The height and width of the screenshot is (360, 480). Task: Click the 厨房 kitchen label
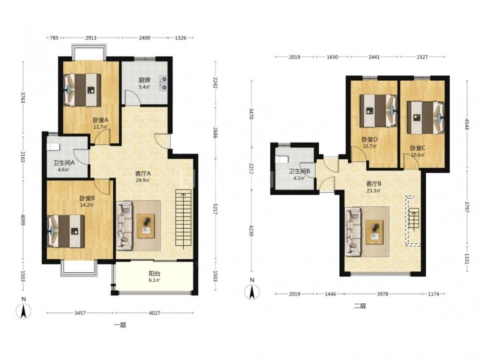click(144, 80)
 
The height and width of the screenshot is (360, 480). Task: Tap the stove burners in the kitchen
click(164, 83)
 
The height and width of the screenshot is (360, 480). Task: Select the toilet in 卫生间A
click(53, 146)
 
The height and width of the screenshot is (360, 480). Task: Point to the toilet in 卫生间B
click(281, 160)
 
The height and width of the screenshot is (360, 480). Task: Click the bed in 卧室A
click(82, 90)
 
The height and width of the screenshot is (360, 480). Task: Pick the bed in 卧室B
click(66, 231)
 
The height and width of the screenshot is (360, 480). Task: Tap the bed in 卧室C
click(425, 118)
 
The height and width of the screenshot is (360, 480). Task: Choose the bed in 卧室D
click(378, 110)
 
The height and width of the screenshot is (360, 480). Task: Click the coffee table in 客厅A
click(146, 226)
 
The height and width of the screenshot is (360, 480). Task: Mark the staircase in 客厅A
click(183, 217)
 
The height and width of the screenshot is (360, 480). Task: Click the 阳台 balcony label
click(154, 274)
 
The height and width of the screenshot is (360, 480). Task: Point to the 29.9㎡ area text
click(143, 180)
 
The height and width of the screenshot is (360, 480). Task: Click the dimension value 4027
click(154, 313)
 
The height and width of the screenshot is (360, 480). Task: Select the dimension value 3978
click(383, 294)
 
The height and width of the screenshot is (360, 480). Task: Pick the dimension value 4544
click(467, 124)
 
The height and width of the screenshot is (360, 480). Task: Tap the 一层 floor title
click(120, 325)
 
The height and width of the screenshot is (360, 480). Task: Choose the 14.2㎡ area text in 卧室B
click(86, 205)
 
